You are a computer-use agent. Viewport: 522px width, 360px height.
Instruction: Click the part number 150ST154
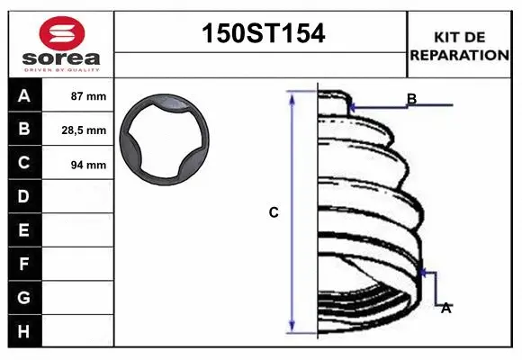pyautogui.click(x=260, y=34)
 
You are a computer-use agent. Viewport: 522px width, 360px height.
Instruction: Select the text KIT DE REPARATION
pyautogui.click(x=459, y=46)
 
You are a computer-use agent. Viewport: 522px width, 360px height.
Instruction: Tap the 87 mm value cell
pyautogui.click(x=88, y=96)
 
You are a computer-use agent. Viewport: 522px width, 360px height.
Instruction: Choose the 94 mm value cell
pyautogui.click(x=88, y=165)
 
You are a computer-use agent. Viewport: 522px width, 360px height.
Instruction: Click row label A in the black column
pyautogui.click(x=24, y=96)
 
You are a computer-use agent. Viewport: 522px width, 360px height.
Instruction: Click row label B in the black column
pyautogui.click(x=24, y=130)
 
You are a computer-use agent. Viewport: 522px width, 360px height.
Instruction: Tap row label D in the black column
pyautogui.click(x=24, y=196)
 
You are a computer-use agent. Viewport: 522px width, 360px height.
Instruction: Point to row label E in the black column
pyautogui.click(x=24, y=230)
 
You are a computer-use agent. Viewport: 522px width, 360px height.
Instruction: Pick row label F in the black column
pyautogui.click(x=24, y=265)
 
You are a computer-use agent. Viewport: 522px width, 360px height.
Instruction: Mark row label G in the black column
pyautogui.click(x=24, y=297)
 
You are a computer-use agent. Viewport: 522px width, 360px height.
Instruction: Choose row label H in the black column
pyautogui.click(x=24, y=331)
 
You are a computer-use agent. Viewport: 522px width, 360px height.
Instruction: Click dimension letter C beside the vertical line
pyautogui.click(x=274, y=213)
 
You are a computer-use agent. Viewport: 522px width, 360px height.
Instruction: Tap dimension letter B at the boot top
pyautogui.click(x=411, y=99)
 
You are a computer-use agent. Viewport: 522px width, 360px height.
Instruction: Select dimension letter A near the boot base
pyautogui.click(x=445, y=308)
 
